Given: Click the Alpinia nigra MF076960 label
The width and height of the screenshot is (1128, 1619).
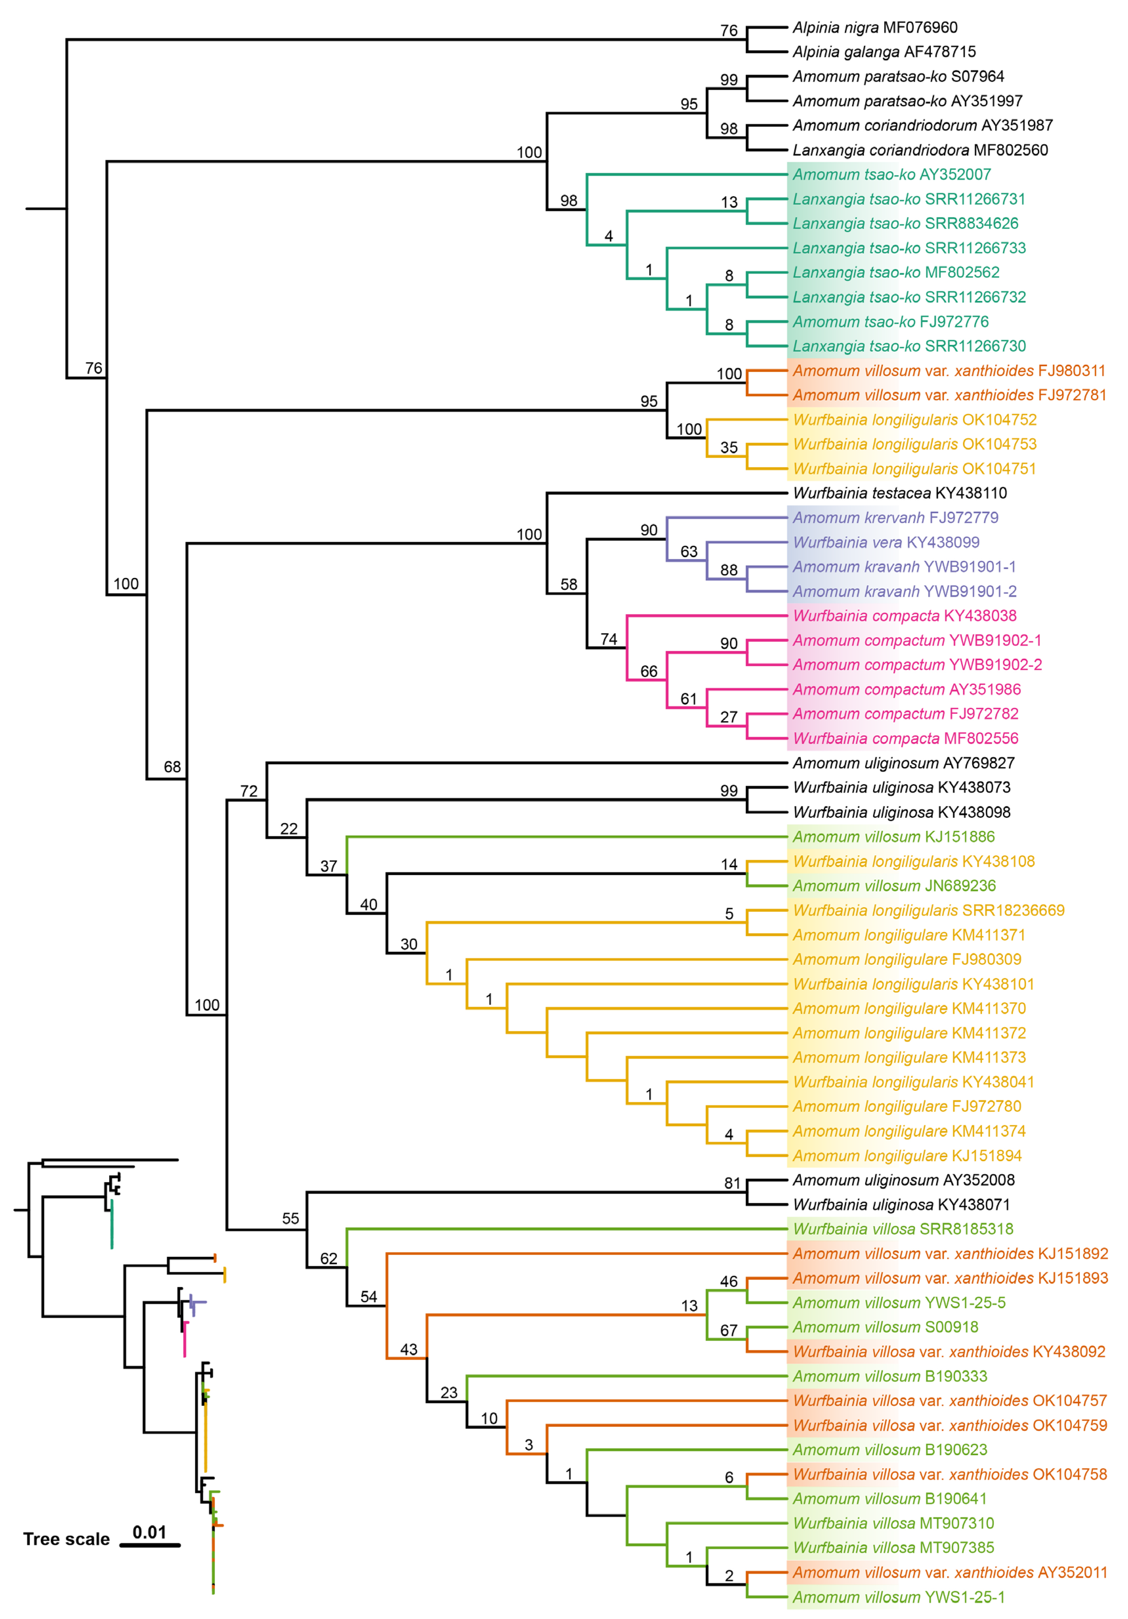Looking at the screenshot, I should tap(875, 28).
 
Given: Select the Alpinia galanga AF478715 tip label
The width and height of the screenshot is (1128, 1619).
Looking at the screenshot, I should tap(884, 52).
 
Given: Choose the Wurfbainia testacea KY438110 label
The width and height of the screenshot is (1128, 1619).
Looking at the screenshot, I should tap(900, 493).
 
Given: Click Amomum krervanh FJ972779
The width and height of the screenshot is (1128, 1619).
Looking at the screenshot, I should tap(895, 518).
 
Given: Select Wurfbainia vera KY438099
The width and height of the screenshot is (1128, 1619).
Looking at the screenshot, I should tap(886, 542).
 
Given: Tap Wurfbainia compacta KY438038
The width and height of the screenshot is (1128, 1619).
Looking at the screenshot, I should tap(905, 615).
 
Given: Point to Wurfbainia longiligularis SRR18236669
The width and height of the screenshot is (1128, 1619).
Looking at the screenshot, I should tap(928, 910).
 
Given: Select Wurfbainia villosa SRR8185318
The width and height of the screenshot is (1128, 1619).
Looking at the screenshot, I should tap(903, 1229).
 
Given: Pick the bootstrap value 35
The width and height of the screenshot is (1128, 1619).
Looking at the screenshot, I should tap(729, 448).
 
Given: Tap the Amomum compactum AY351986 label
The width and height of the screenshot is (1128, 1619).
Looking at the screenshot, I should tap(906, 690).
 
